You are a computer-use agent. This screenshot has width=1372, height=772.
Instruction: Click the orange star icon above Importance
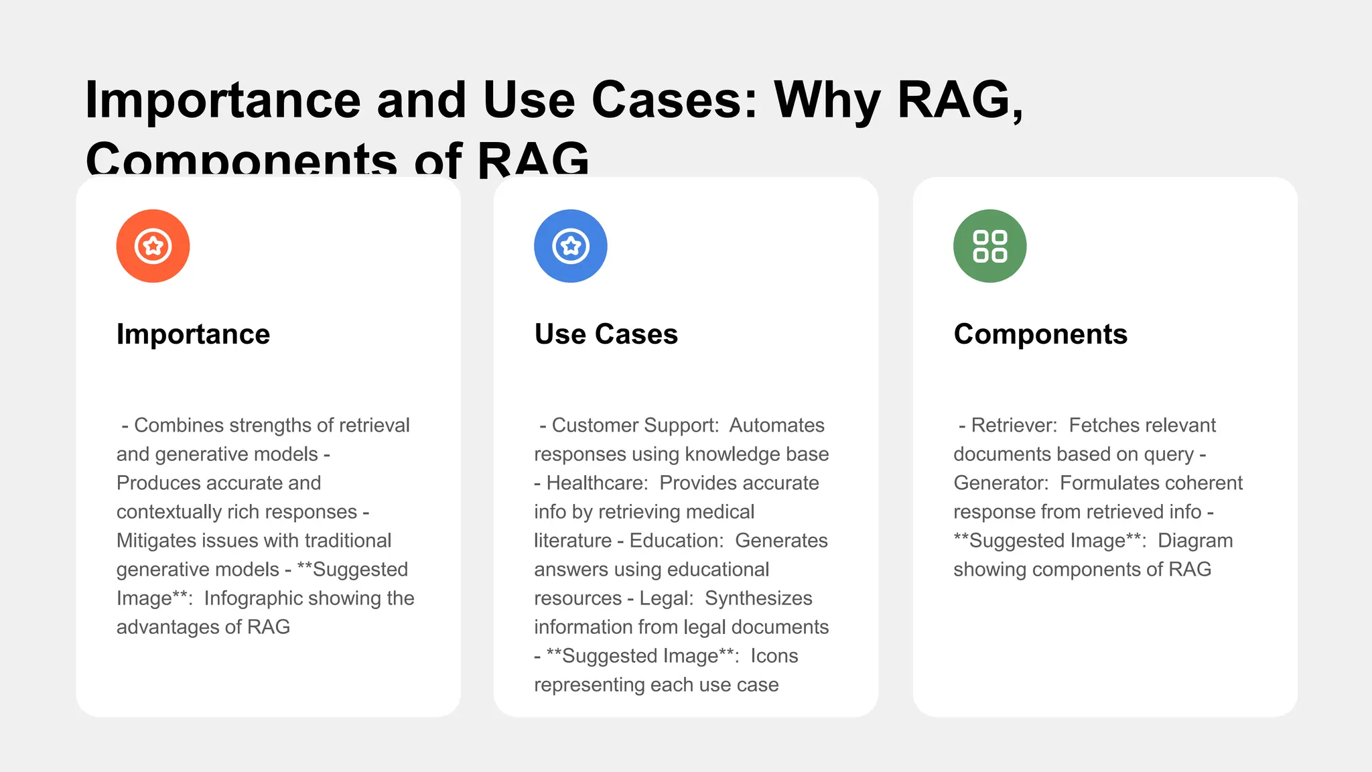[x=153, y=246]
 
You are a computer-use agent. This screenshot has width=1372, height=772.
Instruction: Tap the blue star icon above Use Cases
[x=570, y=246]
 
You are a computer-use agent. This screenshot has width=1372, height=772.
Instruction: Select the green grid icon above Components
[x=989, y=246]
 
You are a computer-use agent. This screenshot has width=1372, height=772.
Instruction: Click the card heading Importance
[x=193, y=334]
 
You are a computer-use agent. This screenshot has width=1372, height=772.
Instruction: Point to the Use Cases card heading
[x=606, y=334]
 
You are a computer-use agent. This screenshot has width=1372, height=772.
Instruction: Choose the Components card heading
[x=1040, y=334]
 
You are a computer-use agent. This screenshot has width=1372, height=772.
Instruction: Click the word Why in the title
[x=827, y=100]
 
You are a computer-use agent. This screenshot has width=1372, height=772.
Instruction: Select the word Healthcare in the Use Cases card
[x=596, y=482]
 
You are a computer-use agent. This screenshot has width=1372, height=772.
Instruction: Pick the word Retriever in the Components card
[x=1014, y=425]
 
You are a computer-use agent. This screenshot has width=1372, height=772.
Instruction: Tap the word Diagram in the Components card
[x=1195, y=540]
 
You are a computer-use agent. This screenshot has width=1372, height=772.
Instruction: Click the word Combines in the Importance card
[x=179, y=425]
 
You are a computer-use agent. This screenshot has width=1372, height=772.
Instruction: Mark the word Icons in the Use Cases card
[x=774, y=655]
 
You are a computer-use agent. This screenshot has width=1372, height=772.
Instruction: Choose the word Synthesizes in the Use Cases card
[x=758, y=598]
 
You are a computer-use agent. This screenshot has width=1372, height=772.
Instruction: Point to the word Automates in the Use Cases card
[x=776, y=425]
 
